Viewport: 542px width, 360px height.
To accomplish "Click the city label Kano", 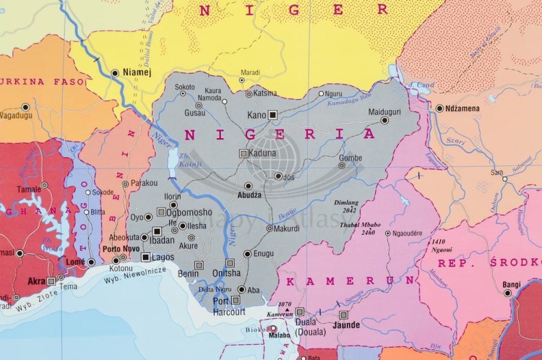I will click(257, 115).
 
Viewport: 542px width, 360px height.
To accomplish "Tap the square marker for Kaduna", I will click(243, 153).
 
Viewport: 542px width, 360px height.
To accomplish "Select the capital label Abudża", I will click(249, 195).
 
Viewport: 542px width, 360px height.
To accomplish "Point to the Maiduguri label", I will click(384, 113).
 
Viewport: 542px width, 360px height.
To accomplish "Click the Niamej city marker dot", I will click(115, 72).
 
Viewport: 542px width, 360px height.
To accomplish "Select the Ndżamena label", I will click(472, 108).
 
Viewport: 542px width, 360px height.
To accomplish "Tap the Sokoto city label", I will click(185, 87).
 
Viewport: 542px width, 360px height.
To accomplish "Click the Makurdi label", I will click(287, 228).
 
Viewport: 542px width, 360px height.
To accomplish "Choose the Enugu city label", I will click(264, 254).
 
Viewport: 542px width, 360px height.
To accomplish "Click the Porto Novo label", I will click(122, 249).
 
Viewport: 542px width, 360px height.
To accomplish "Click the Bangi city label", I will click(511, 284).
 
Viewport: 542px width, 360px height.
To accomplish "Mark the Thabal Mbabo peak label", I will click(357, 225).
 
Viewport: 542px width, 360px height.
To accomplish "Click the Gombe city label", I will click(350, 158).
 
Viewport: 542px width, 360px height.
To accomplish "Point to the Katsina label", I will click(265, 93).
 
